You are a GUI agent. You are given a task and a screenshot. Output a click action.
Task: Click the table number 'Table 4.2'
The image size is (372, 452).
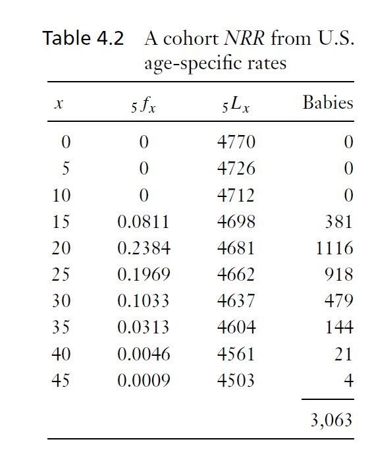tap(83, 38)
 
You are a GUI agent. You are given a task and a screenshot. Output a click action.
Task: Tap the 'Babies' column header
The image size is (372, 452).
tap(327, 103)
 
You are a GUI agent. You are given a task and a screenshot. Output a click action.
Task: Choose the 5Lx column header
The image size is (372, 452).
tap(236, 105)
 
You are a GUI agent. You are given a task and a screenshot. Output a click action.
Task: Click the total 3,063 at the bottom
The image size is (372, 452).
tap(331, 420)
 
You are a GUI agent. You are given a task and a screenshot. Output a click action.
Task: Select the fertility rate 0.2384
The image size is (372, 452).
tap(144, 248)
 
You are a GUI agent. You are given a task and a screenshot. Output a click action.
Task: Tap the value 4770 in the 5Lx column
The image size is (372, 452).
tap(236, 142)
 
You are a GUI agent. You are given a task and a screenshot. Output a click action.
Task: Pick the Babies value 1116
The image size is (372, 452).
tap(334, 248)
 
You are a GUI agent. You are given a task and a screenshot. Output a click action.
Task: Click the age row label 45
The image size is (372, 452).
tap(61, 380)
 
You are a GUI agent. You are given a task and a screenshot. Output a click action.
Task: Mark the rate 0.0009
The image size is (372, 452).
tap(144, 380)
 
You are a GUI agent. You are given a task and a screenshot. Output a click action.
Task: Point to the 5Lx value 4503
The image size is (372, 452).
tap(236, 380)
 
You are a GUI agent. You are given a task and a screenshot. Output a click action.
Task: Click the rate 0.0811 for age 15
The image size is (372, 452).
tap(144, 222)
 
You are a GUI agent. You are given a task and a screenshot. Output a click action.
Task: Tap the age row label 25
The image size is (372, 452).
tap(61, 275)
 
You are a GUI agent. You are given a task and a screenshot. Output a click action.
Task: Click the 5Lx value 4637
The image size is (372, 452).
tap(236, 301)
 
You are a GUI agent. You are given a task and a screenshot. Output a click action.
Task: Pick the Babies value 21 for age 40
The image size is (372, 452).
tap(344, 354)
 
